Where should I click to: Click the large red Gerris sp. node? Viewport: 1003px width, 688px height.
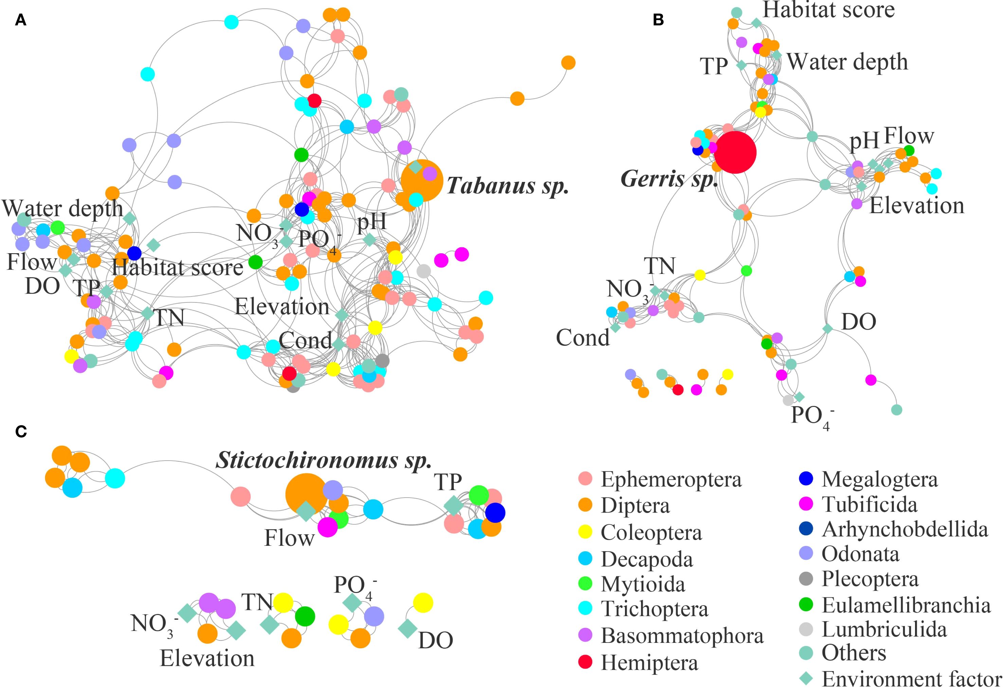(735, 152)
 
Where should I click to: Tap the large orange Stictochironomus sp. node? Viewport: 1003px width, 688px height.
(306, 494)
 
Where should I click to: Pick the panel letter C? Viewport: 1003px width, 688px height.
(21, 431)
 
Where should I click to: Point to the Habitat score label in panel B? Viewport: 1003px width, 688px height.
(829, 11)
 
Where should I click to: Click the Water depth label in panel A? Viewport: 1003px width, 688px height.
(63, 209)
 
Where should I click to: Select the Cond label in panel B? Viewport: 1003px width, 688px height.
(583, 338)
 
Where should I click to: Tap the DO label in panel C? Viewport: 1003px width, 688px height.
(436, 641)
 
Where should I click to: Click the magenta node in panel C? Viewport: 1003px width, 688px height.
(327, 527)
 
